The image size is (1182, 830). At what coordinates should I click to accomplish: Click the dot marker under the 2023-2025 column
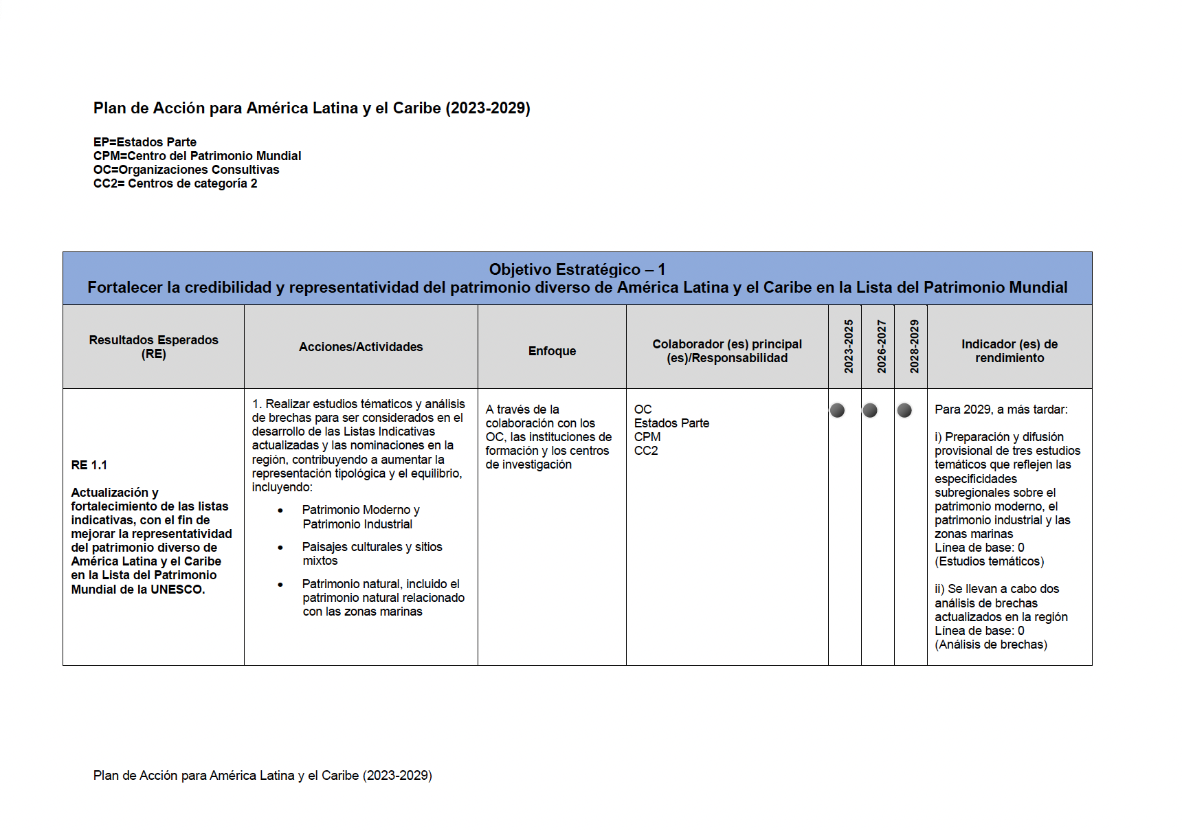(837, 410)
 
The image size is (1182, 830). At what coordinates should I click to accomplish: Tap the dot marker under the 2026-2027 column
(870, 410)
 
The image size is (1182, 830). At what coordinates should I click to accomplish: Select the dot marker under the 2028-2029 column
(904, 410)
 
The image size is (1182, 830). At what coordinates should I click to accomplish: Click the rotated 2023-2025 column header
(849, 346)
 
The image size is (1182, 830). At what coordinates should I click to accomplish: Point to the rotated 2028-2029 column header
(914, 346)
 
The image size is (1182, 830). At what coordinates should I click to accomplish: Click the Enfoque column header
(552, 351)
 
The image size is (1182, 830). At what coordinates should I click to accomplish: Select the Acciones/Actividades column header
(361, 347)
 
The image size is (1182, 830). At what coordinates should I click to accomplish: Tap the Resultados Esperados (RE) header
(153, 347)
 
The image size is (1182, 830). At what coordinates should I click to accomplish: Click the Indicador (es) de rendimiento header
(1009, 351)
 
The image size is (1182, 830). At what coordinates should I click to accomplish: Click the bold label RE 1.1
(89, 465)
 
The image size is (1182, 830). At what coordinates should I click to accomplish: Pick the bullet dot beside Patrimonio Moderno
(280, 511)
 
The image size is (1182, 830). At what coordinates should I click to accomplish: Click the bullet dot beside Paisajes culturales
(280, 548)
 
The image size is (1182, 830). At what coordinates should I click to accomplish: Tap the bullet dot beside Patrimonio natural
(280, 585)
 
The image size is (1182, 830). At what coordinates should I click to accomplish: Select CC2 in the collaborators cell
(646, 451)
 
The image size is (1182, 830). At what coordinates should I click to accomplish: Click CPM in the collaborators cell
(647, 437)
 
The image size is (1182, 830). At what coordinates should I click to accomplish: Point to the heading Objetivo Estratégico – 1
(577, 269)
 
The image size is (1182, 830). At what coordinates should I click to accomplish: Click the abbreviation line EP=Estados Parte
(145, 142)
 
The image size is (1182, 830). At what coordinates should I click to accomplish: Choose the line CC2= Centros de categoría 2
(175, 183)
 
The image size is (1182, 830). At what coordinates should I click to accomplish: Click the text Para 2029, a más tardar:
(1001, 410)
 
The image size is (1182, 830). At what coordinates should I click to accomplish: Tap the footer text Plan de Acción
(263, 775)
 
